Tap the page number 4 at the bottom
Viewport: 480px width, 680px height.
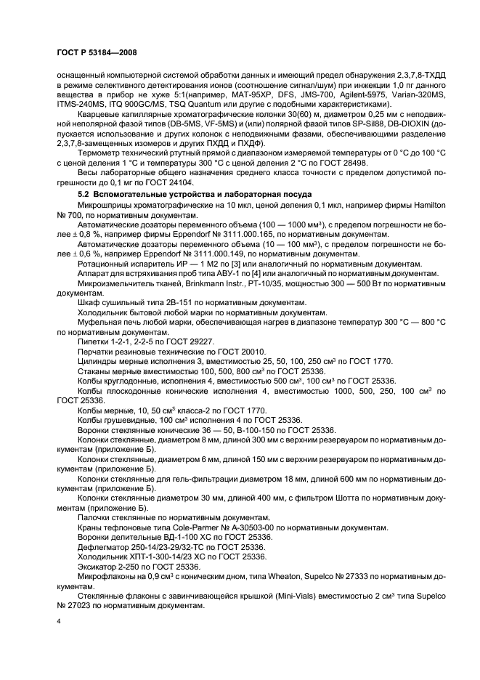58,623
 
